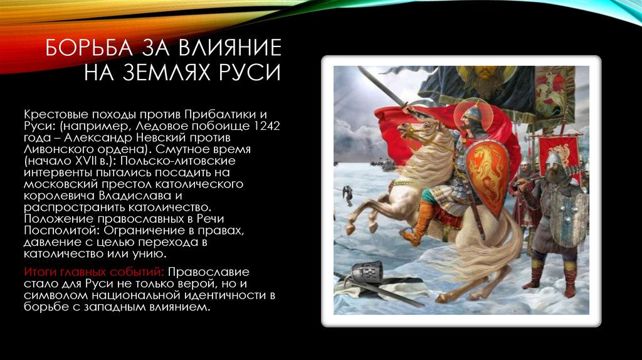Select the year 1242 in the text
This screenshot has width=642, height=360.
(x=267, y=125)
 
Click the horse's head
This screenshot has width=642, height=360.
(x=413, y=132)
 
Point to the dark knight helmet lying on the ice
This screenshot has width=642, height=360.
(x=366, y=272)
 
